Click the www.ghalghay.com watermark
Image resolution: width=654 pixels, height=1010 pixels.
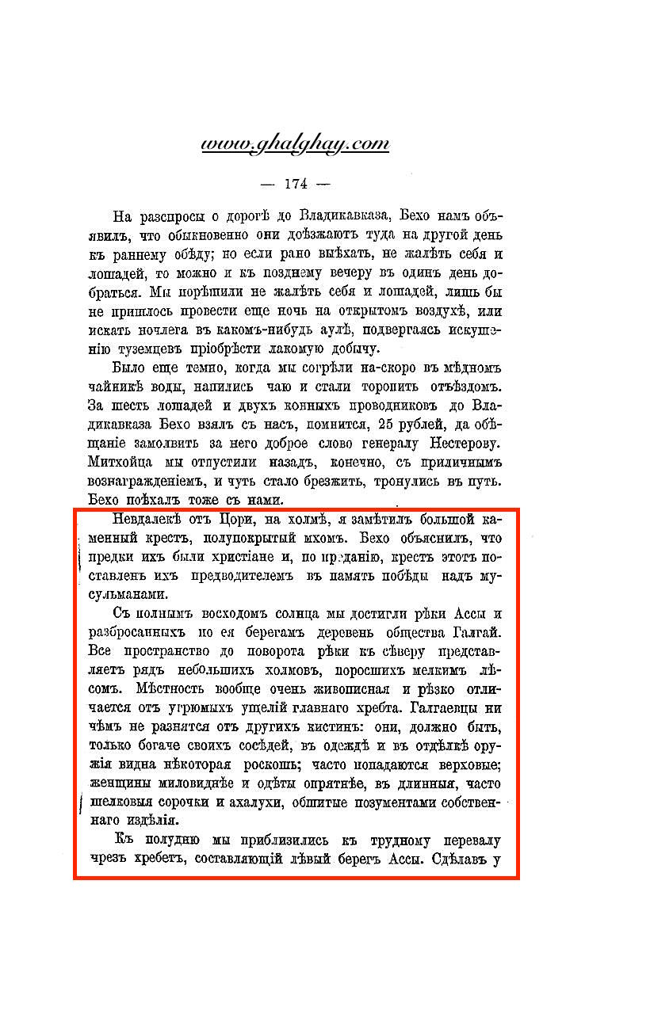(295, 144)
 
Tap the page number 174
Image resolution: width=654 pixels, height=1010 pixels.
(295, 184)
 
